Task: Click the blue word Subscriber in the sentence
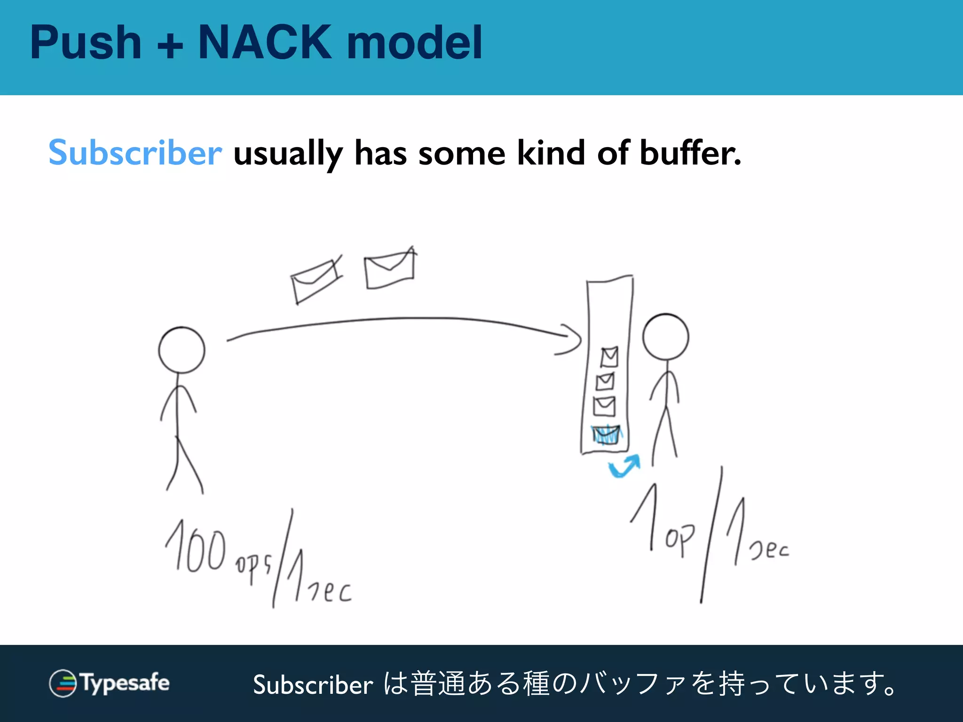(135, 153)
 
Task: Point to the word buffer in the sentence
(690, 153)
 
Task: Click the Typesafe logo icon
(63, 683)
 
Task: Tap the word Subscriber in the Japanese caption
(313, 684)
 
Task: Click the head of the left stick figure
(182, 350)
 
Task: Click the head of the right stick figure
(665, 337)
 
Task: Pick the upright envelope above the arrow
(390, 269)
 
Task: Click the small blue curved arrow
(625, 465)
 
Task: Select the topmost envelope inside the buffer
(609, 357)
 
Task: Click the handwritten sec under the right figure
(769, 549)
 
